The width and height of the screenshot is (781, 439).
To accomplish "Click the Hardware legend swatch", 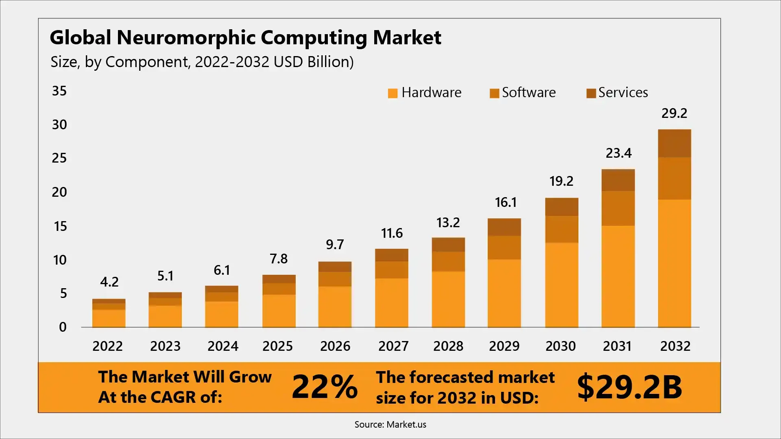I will point(393,93).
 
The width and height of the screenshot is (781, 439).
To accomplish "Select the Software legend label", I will point(528,93).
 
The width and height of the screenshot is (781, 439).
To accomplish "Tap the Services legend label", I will point(623,93).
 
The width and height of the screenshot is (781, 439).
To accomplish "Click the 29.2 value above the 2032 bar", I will point(674,113).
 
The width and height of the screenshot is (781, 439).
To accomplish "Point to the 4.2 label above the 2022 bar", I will point(109,282).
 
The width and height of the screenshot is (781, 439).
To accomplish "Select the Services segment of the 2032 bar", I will point(674,143).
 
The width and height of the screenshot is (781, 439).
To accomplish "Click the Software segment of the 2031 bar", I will point(618,208).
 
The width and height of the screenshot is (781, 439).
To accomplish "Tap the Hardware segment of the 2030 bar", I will point(561,285).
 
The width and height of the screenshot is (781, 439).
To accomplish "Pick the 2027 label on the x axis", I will point(393,346).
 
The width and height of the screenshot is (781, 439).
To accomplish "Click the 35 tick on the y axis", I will point(59,91).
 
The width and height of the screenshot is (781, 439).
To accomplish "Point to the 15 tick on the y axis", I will point(60,226).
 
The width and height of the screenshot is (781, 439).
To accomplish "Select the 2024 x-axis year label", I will point(223,346).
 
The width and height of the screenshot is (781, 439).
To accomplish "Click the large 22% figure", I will point(325,386).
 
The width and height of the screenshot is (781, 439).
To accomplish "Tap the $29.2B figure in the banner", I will point(629,387).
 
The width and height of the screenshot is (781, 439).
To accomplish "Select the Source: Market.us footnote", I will point(390,424).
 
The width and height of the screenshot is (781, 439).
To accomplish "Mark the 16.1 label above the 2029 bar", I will point(505,202).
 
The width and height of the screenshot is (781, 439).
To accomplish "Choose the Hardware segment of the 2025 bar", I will point(279,311).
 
